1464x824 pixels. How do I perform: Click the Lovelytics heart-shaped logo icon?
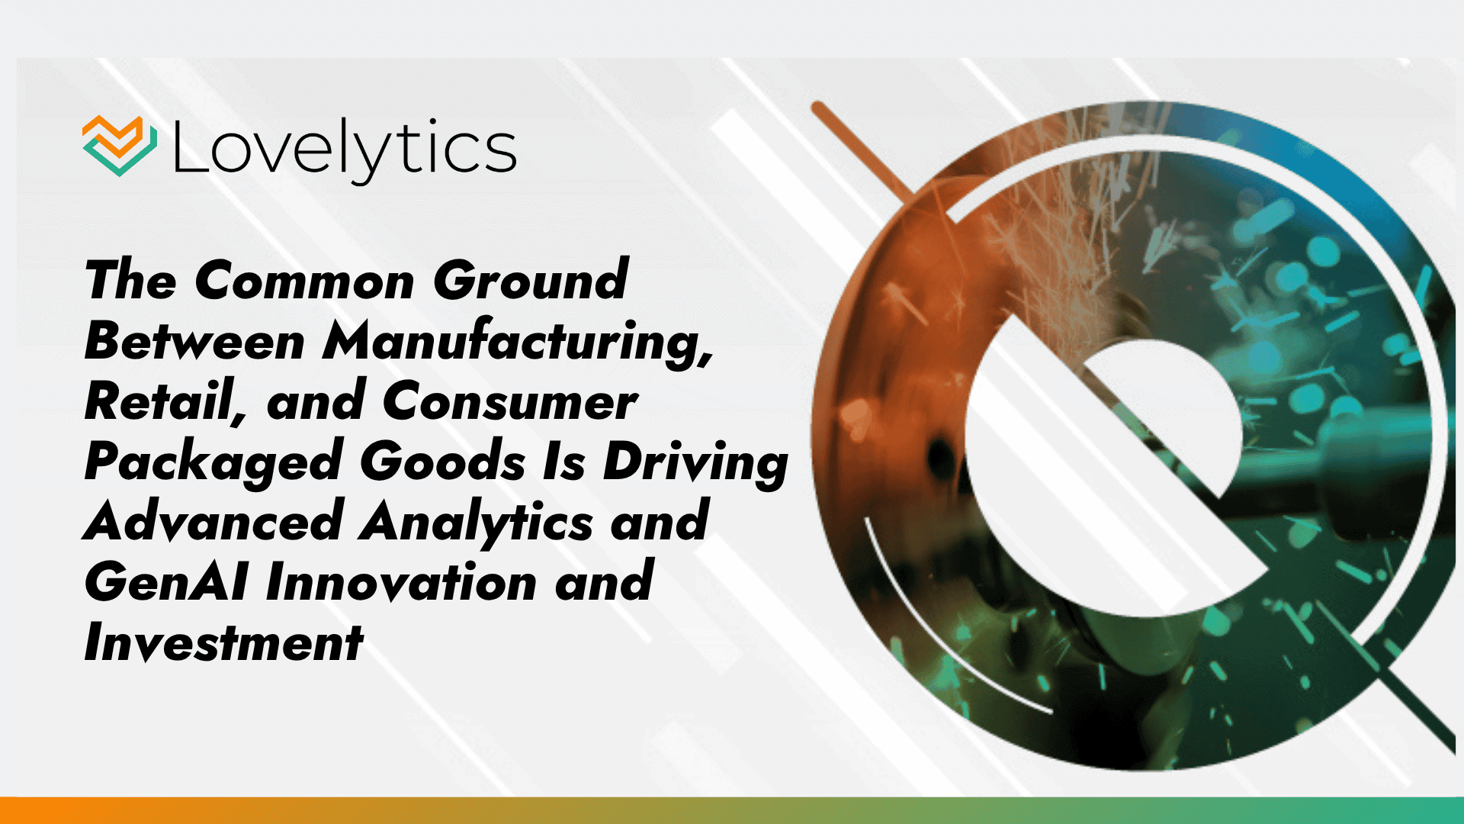(120, 146)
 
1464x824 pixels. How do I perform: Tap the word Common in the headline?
(304, 281)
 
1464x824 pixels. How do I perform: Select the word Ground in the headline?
(531, 281)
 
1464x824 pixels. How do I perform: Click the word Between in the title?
(194, 341)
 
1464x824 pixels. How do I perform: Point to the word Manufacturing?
(517, 343)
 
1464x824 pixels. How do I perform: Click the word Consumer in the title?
(509, 401)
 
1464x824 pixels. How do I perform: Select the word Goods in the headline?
(442, 462)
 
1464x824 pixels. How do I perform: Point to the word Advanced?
(213, 522)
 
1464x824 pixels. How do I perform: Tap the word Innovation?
(401, 582)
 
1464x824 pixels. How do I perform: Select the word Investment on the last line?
(223, 642)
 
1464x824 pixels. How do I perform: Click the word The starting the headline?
(130, 281)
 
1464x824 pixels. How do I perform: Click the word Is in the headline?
(563, 462)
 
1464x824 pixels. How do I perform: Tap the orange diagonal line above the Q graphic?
(862, 149)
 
